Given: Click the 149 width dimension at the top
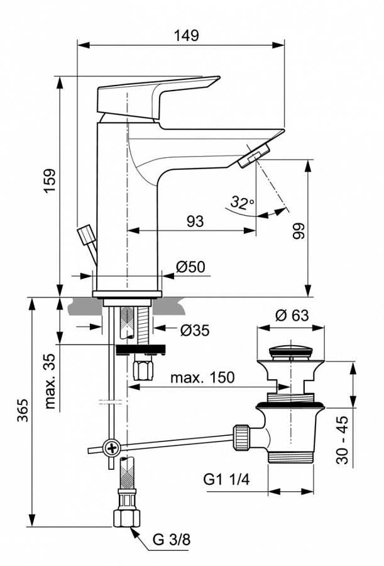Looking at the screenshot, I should (x=186, y=35).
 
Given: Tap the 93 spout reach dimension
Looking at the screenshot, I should (x=195, y=221).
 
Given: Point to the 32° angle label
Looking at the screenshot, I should (x=241, y=203).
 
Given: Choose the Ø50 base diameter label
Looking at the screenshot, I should (x=190, y=267).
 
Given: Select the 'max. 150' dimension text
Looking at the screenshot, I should (x=202, y=377).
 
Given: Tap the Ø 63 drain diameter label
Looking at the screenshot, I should (x=292, y=315).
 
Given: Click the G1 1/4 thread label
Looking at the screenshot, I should (x=226, y=480).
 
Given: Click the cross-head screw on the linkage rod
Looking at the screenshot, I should (x=112, y=448).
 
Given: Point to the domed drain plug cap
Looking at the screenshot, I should (x=292, y=351).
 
